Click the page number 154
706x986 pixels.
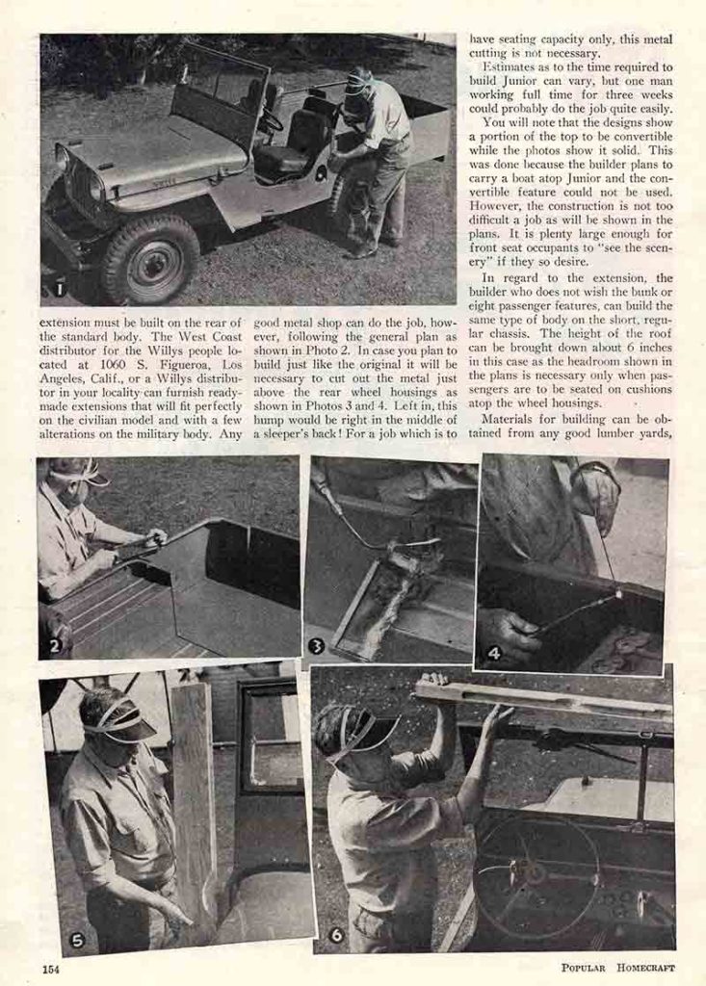(50, 969)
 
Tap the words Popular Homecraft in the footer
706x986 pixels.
(618, 968)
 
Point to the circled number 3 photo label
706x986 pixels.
(316, 646)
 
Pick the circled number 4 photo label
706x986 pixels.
(493, 653)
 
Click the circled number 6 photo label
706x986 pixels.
(335, 934)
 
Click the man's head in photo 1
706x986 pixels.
(358, 81)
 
